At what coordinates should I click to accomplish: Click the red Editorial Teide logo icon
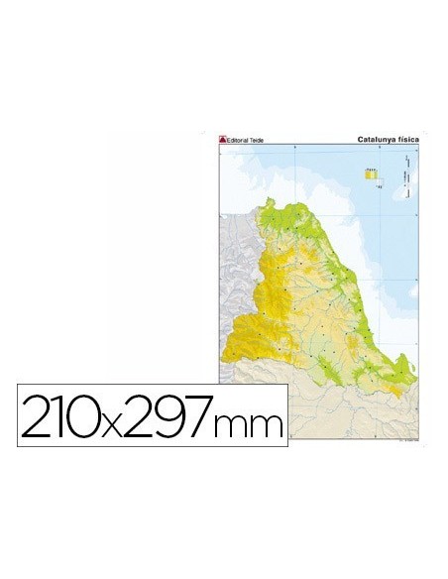[223, 140]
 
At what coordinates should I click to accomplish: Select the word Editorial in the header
[238, 140]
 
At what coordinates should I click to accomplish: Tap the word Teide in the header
[258, 140]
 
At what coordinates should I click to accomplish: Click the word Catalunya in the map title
[378, 140]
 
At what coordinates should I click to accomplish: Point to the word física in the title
[407, 140]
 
